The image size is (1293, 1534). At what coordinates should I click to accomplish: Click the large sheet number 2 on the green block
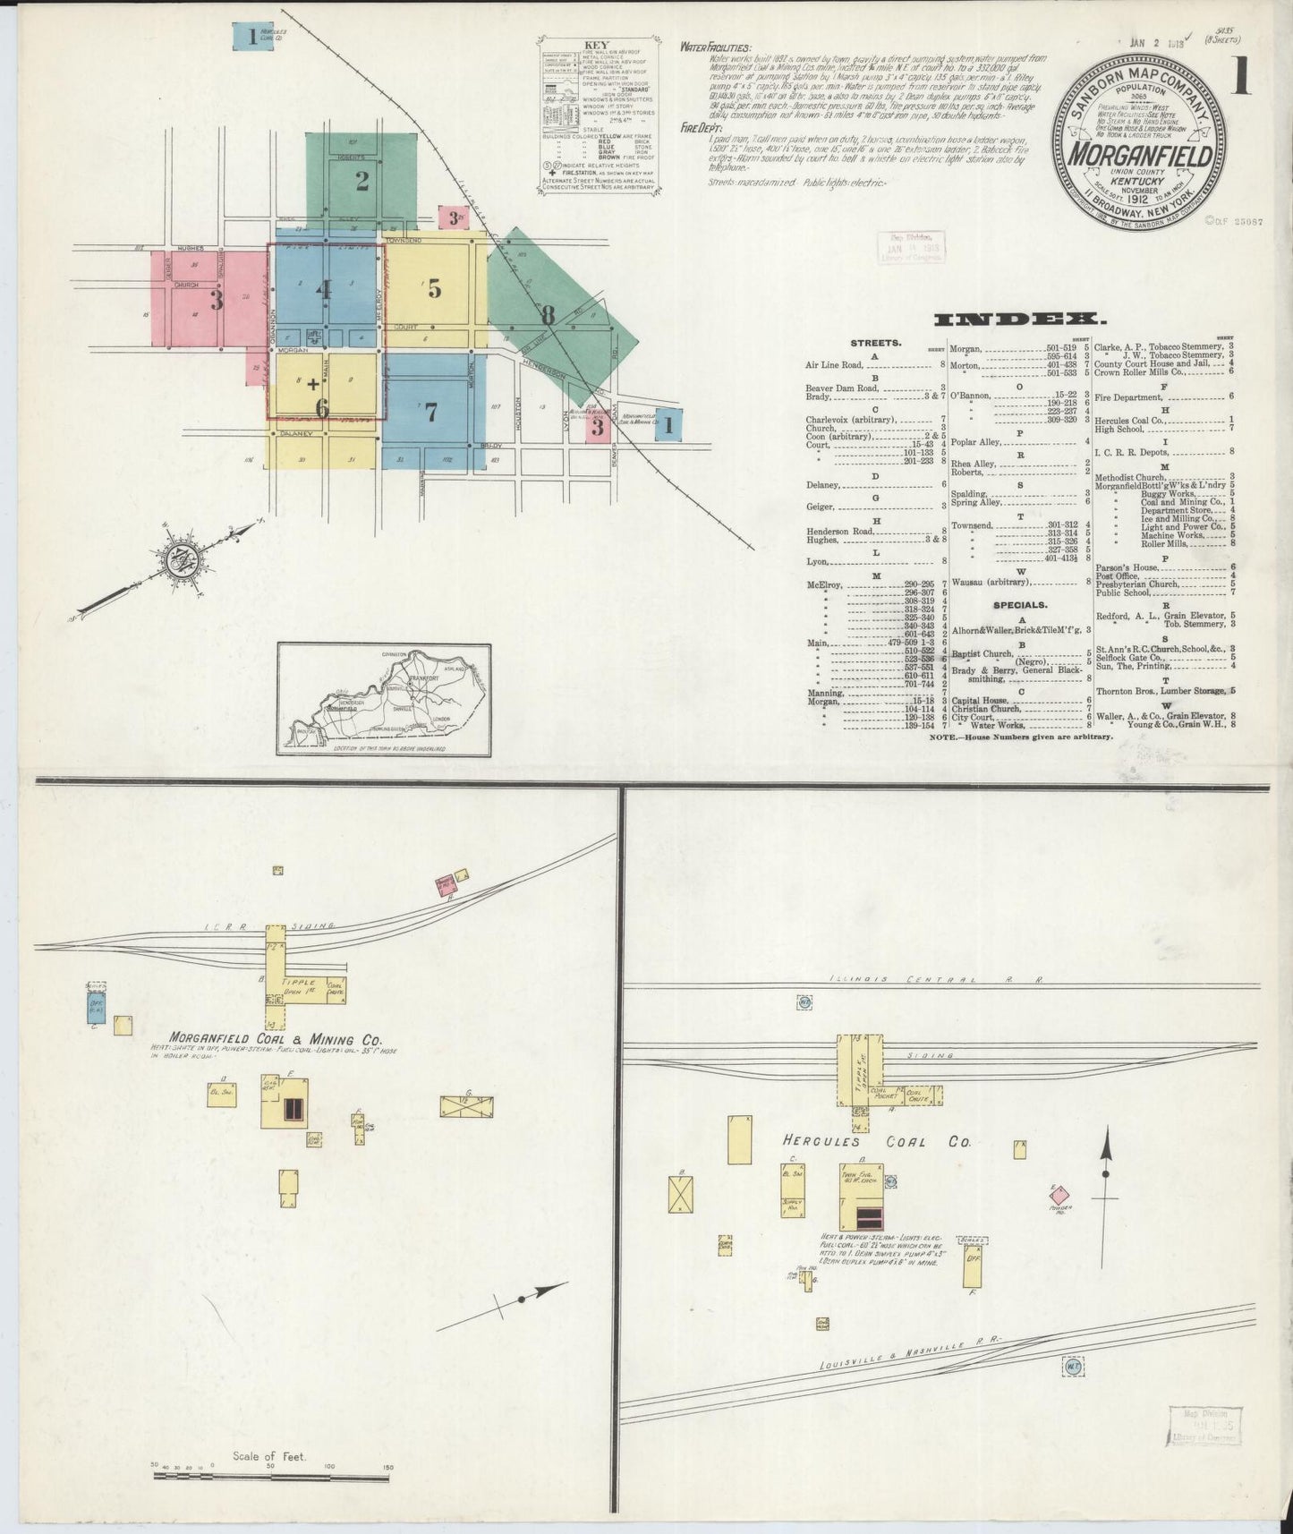[362, 182]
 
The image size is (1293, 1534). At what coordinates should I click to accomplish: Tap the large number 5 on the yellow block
[434, 288]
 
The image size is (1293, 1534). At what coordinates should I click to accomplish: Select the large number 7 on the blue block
[431, 412]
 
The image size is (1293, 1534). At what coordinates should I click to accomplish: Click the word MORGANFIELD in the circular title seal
[1138, 155]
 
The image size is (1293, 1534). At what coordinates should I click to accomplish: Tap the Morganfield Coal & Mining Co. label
[268, 1040]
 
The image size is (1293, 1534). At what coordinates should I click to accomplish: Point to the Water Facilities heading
[716, 47]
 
